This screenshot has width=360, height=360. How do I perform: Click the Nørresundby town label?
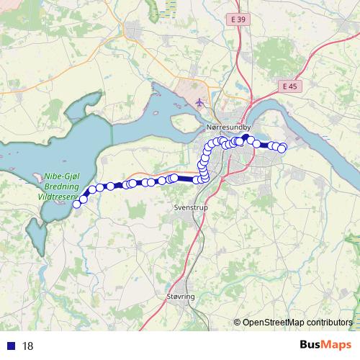coord(228,127)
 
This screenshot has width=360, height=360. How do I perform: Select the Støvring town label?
coord(174,296)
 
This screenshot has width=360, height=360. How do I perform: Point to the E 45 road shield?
coord(289,86)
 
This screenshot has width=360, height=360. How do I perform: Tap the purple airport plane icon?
coord(199,102)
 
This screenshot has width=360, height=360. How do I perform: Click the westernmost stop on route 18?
coord(77,204)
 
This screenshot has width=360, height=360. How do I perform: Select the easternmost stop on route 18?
coord(282,148)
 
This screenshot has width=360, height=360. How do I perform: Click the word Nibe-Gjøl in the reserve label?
coord(63,176)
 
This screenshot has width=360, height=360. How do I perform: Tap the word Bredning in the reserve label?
coord(61,185)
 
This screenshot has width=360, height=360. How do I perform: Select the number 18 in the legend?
coord(28,346)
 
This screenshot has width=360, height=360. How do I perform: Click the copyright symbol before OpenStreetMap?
coord(238,322)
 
